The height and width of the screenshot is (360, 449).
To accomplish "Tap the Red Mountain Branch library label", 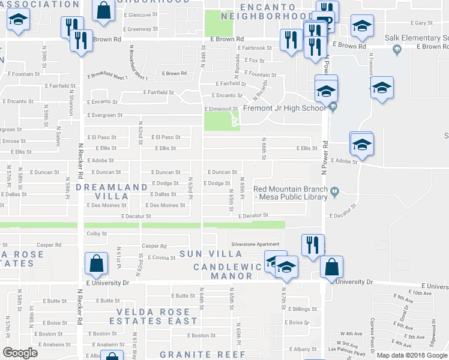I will click(291, 193).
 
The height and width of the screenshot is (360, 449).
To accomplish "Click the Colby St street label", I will click(97, 233).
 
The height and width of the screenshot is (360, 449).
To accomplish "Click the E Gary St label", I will click(423, 23).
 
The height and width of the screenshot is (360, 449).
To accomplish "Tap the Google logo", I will click(20, 353).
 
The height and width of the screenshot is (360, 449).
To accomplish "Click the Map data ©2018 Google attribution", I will click(412, 355).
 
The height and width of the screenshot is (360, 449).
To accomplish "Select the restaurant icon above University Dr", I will click(312, 245).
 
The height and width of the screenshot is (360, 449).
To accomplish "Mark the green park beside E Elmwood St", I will click(216, 121).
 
